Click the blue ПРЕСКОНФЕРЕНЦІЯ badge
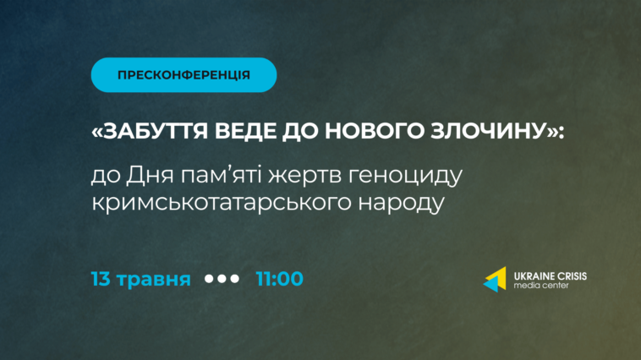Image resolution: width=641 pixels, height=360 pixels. (x=184, y=74)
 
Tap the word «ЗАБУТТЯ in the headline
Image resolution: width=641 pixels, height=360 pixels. (x=150, y=131)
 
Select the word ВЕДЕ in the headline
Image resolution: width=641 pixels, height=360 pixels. (x=245, y=131)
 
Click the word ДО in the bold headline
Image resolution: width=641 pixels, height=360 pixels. (x=300, y=131)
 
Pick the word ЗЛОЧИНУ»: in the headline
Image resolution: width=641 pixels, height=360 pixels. (x=497, y=131)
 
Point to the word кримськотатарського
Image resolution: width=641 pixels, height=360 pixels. (x=222, y=203)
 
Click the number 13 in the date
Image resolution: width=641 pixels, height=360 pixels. (x=101, y=279)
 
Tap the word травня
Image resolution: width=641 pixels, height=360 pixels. (x=154, y=280)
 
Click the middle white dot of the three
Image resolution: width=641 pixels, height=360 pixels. (x=222, y=279)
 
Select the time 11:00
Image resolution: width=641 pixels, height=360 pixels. (x=280, y=279)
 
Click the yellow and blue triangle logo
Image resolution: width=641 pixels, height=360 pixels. (x=495, y=280)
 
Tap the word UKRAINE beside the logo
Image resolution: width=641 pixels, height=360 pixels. (x=532, y=276)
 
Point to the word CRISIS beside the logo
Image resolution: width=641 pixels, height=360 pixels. (x=570, y=276)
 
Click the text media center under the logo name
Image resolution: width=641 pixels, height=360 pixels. (x=541, y=286)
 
